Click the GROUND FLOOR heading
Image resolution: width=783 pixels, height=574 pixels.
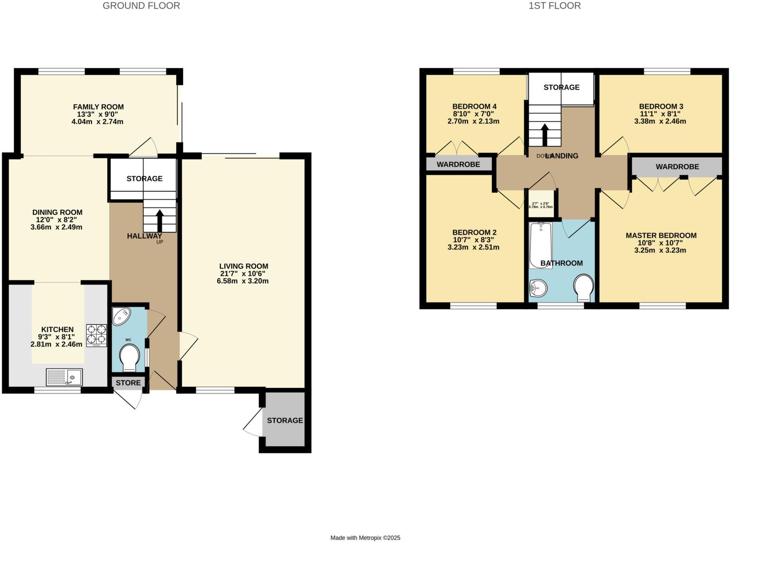[x=141, y=6]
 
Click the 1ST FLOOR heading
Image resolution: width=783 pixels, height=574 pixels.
[x=554, y=6]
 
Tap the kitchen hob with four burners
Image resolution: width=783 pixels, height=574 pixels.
[x=96, y=335]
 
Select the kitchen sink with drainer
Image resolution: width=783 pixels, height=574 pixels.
[x=64, y=377]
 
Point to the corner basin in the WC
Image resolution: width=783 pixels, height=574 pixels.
[x=121, y=316]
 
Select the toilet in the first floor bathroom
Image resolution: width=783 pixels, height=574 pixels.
[x=584, y=287]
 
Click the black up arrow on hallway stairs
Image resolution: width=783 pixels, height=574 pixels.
[x=159, y=220]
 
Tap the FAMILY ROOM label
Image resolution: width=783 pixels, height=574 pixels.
[x=98, y=107]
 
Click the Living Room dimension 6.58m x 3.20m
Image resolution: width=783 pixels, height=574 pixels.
[x=243, y=281]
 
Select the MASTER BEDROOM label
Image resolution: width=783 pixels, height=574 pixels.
[x=661, y=236]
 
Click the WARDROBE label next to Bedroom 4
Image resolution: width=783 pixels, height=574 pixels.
[x=458, y=165]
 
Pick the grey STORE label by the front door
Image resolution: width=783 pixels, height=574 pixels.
[x=128, y=383]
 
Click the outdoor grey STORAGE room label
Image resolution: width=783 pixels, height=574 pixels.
[x=285, y=420]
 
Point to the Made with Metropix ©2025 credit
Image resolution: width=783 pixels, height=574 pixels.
[x=365, y=538]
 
